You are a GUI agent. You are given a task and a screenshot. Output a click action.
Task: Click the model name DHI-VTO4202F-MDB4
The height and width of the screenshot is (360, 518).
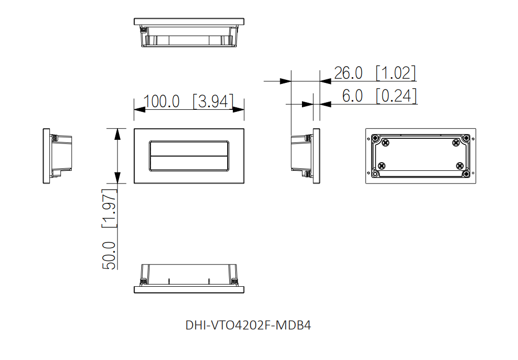pyautogui.click(x=248, y=325)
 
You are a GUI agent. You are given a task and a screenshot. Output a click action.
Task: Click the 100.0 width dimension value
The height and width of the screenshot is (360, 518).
pyautogui.click(x=162, y=101)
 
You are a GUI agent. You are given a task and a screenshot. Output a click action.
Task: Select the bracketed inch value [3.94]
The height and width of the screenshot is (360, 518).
pyautogui.click(x=213, y=101)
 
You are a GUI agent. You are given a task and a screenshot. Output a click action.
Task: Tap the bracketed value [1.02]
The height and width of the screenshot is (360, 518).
pyautogui.click(x=395, y=73)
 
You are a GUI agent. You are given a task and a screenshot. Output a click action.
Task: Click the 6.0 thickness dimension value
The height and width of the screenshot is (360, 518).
pyautogui.click(x=352, y=96)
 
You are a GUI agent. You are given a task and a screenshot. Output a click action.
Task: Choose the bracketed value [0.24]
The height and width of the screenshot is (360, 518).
pyautogui.click(x=397, y=96)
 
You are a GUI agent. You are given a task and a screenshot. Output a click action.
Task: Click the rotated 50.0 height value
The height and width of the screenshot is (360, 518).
pyautogui.click(x=109, y=255)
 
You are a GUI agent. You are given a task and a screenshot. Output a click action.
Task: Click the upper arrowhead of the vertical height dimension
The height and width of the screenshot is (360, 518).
pyautogui.click(x=118, y=134)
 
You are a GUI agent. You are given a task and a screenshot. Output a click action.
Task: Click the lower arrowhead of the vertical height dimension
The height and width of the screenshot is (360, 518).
pyautogui.click(x=118, y=177)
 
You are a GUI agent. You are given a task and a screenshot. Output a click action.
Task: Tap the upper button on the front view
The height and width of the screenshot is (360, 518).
pyautogui.click(x=189, y=148)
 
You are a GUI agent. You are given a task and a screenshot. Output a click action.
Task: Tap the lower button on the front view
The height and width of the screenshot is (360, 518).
pyautogui.click(x=189, y=163)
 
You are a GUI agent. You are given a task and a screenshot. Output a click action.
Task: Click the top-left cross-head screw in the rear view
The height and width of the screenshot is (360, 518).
pyautogui.click(x=386, y=143)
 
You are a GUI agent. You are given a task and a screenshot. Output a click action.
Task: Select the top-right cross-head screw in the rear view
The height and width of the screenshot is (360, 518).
pyautogui.click(x=455, y=143)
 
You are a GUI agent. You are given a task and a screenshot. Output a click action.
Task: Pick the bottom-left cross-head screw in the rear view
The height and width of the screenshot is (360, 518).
pyautogui.click(x=382, y=166)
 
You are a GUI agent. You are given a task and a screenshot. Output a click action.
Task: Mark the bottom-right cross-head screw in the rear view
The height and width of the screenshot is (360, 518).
pyautogui.click(x=460, y=166)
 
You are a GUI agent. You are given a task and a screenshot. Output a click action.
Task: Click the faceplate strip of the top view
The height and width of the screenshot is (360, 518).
pyautogui.click(x=189, y=22)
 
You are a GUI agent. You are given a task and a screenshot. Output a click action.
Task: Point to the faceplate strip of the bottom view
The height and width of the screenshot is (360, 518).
pyautogui.click(x=189, y=290)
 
